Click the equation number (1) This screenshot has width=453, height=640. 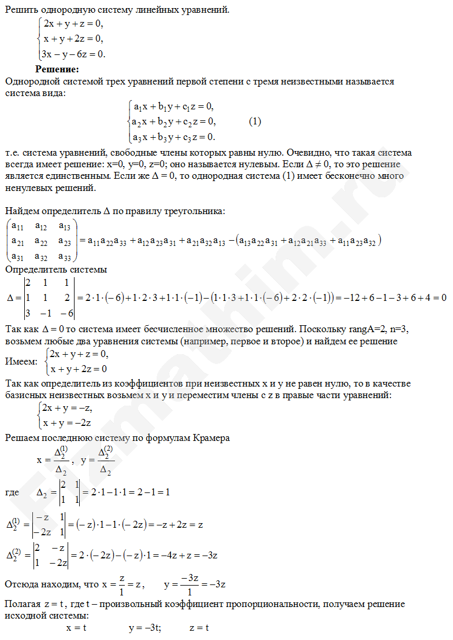pos(255,122)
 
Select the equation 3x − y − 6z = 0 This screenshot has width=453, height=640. pos(75,54)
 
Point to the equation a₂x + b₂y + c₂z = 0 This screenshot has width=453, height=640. pos(173,122)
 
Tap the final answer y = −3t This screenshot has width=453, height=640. pos(145,627)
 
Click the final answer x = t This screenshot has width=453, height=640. pos(76,627)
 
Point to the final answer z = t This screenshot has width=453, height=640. pos(199,627)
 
